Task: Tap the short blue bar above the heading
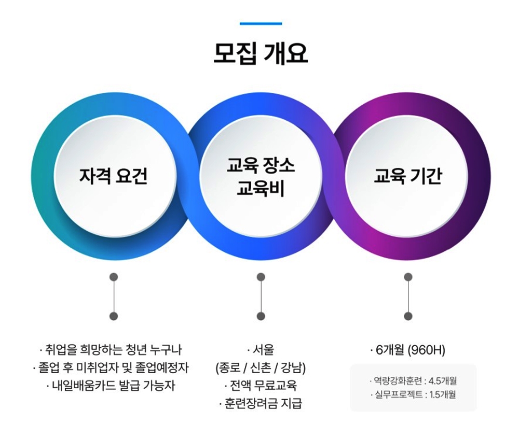pos(261,23)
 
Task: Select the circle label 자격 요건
pos(113,176)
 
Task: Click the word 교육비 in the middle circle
pos(261,188)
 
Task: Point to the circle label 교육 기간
pos(408,176)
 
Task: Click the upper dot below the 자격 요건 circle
pos(114,277)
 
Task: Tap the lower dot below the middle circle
pos(261,316)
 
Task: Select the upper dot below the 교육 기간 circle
pos(408,277)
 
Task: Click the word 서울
pos(263,349)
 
